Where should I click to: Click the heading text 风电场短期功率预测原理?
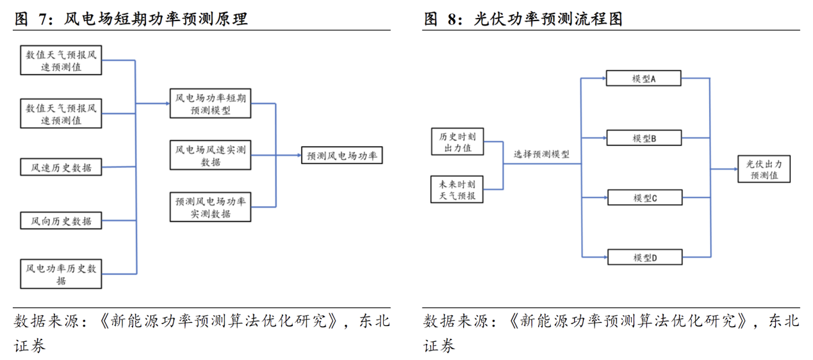point(156,19)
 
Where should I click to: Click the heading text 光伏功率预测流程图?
point(548,19)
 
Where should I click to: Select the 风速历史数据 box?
point(61,168)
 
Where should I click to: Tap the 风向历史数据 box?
point(61,221)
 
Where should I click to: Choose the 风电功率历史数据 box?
point(61,274)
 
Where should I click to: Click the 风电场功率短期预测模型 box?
point(211,104)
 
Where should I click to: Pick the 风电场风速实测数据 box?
point(211,156)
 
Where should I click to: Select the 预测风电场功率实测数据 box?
point(211,207)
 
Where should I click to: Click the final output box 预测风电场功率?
point(341,156)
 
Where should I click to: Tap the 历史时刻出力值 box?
point(457,142)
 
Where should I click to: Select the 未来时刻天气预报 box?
point(457,190)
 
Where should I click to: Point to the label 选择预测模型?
point(541,154)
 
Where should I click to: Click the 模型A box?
point(644,79)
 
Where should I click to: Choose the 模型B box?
point(644,138)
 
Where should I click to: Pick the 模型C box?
point(644,198)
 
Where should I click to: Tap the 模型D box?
point(644,258)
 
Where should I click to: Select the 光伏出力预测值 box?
point(764,169)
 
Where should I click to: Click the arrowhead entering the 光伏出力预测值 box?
point(734,169)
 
